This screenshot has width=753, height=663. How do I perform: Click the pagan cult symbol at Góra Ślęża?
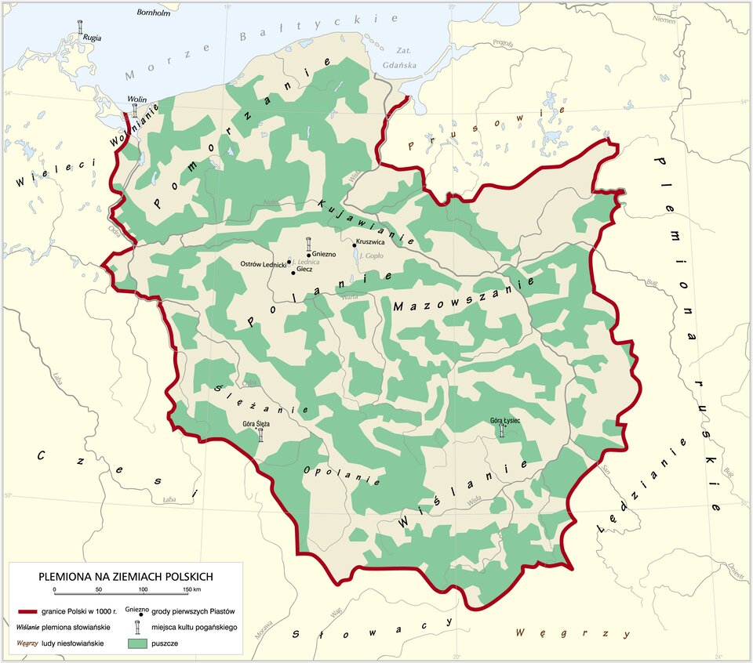coord(260,434)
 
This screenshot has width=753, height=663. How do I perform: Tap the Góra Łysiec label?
coord(504,421)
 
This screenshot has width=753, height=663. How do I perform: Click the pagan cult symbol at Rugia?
coord(82,27)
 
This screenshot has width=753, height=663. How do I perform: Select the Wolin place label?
coord(137,100)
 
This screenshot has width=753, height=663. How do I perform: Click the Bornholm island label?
coord(154,13)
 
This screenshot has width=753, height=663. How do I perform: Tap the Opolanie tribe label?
coord(342,476)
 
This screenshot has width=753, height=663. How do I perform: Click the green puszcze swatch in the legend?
coord(138,643)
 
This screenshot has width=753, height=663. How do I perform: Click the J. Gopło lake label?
coord(370,256)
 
